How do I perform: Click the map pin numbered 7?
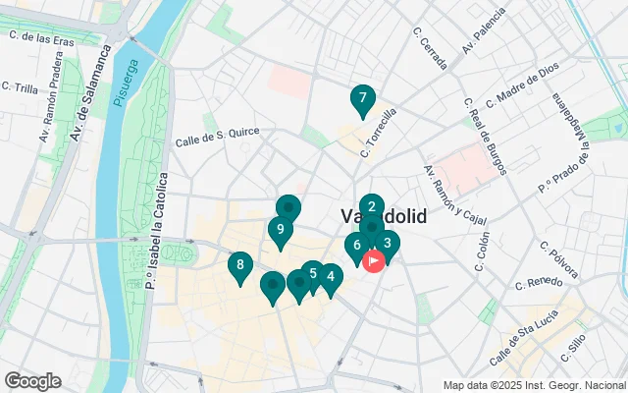[x=363, y=99]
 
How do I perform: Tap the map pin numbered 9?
[x=281, y=231]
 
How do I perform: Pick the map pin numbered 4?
[x=331, y=277]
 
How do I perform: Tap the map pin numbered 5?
[x=312, y=274]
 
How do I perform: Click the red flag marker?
[x=374, y=261]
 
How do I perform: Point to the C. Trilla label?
[x=20, y=86]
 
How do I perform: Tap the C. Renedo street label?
[x=538, y=283]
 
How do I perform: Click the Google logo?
[x=33, y=381]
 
